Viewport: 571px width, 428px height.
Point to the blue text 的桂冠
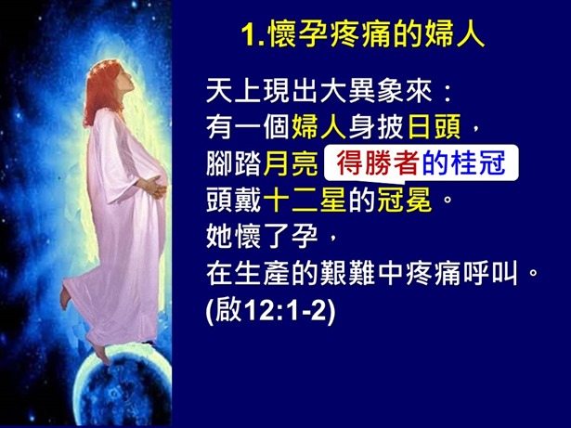point(463,164)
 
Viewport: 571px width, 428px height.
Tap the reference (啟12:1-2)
point(269,308)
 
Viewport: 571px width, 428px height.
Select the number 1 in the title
point(247,36)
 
